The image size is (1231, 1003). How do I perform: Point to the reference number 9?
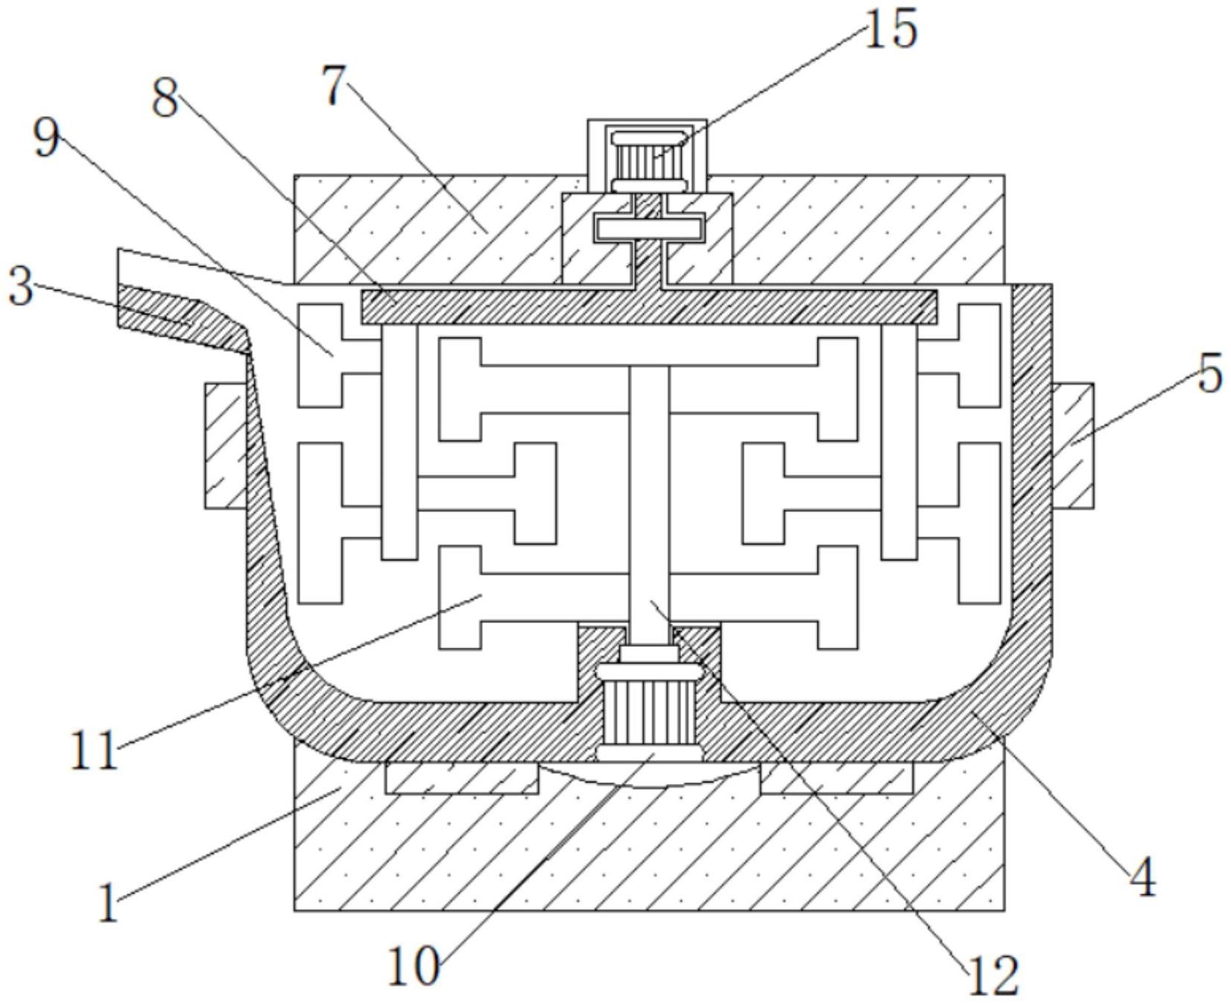coord(46,138)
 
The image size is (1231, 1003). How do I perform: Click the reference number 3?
coord(20,287)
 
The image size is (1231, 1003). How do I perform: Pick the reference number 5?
coord(1209,373)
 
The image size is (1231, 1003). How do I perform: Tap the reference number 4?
coord(1141,877)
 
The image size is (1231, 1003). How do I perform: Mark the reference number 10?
coord(414,967)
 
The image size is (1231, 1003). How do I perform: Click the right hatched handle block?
coord(1073,446)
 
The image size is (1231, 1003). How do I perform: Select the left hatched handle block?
coord(224,446)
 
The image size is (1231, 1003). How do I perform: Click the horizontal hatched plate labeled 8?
coord(648,306)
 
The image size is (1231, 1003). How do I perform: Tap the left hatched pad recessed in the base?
coord(461,778)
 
